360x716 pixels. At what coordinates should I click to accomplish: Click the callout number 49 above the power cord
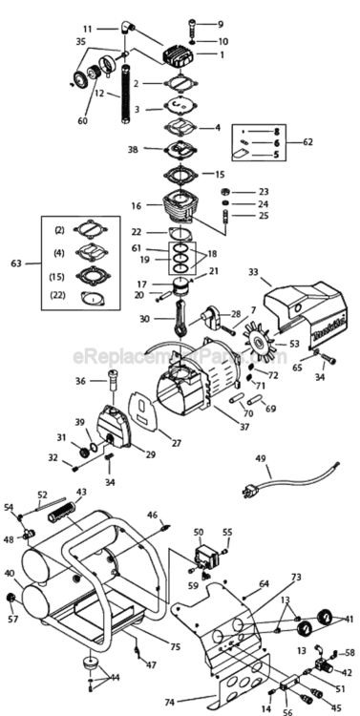point(260,458)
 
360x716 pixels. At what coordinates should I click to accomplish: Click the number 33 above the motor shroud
point(253,272)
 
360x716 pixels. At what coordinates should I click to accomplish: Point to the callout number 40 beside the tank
point(10,574)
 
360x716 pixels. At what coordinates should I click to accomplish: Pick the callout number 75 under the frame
point(175,621)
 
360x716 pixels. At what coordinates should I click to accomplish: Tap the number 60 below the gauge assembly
point(82,121)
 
